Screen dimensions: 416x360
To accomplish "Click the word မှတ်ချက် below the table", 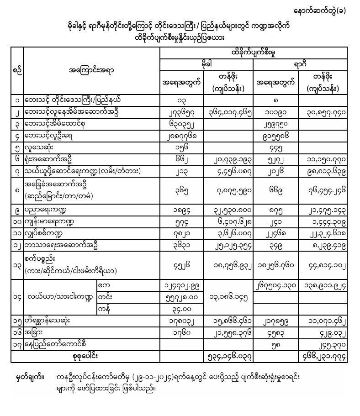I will [28, 377].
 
